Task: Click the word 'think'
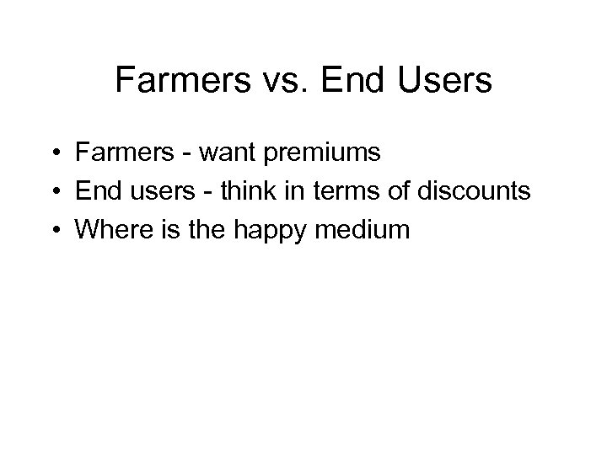tap(244, 191)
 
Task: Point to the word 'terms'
tap(346, 192)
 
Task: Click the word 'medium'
tap(364, 229)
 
